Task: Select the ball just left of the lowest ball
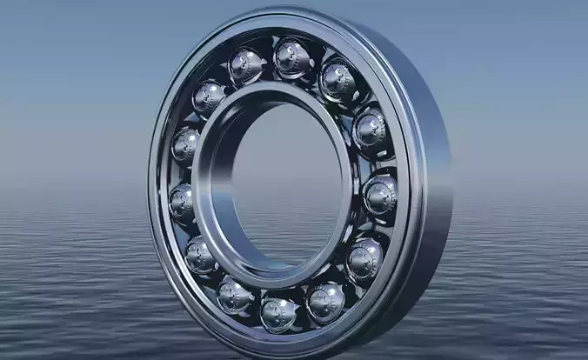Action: click(235, 294)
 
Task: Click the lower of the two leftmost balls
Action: click(182, 202)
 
